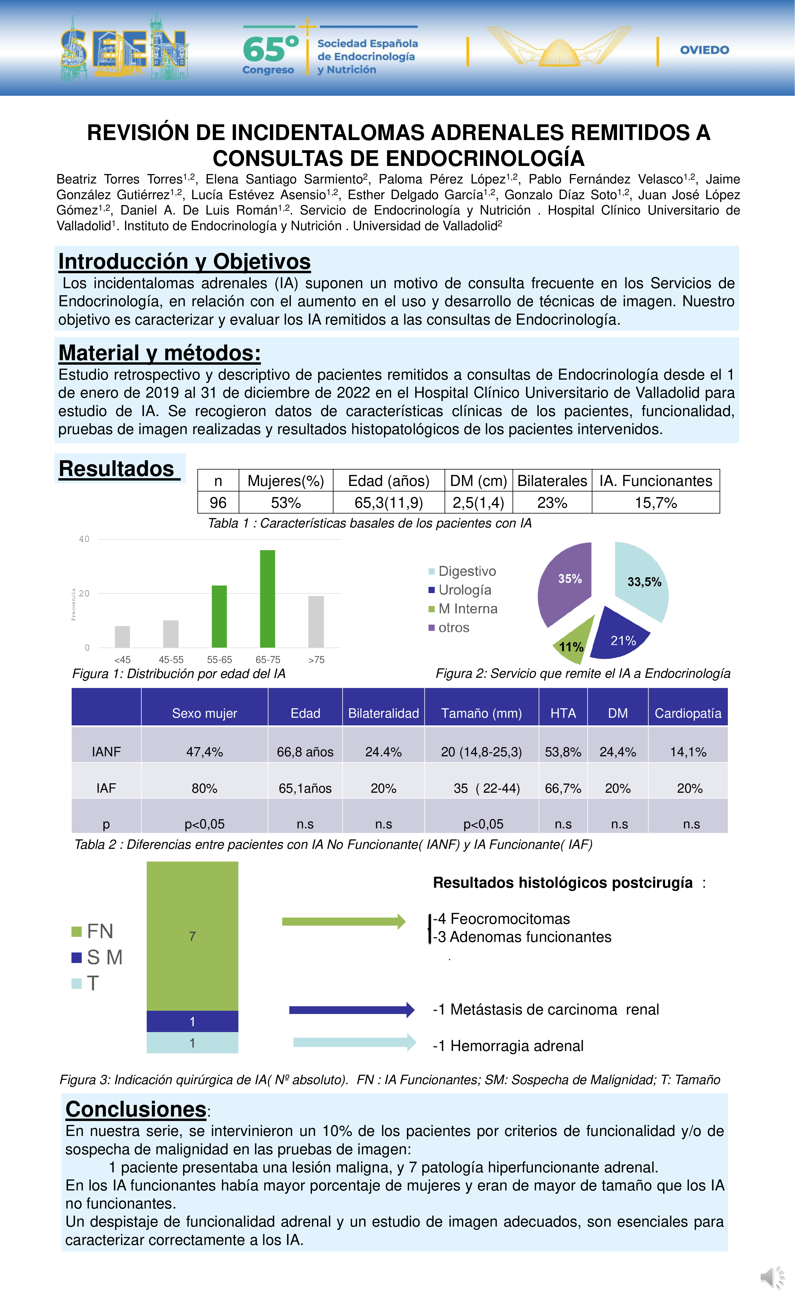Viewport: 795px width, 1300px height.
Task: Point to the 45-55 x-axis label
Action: click(x=171, y=659)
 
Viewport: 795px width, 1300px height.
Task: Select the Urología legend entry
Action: click(x=464, y=590)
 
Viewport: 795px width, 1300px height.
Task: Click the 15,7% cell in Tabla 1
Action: click(x=655, y=502)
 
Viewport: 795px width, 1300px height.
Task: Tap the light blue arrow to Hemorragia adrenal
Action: click(x=354, y=1042)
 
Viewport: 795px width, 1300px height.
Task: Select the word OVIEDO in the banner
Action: click(x=704, y=50)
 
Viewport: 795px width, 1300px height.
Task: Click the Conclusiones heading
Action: click(x=135, y=1109)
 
